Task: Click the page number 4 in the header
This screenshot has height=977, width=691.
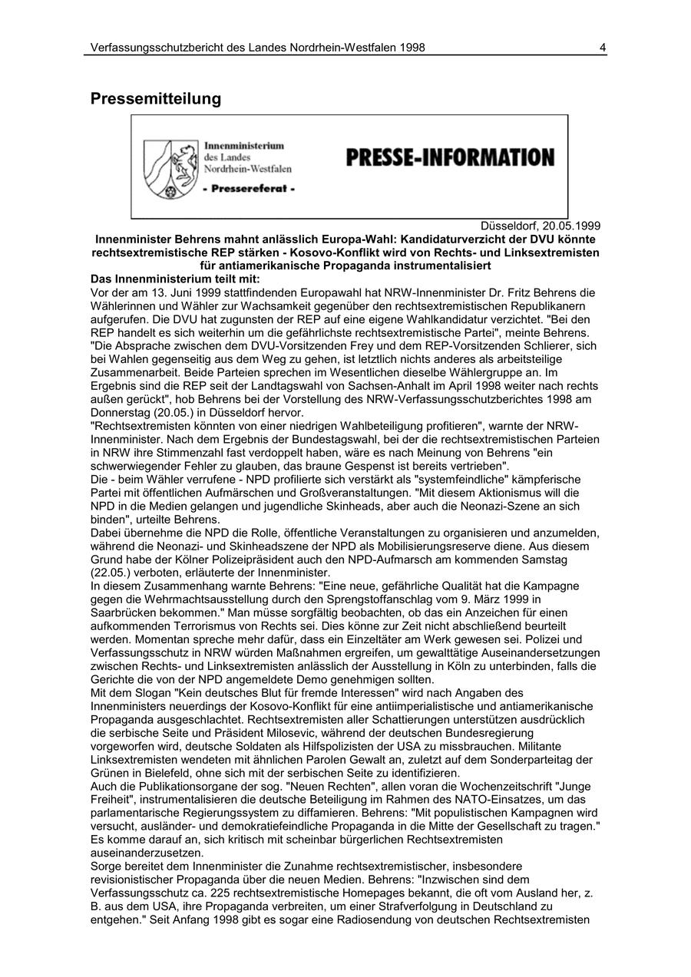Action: (603, 48)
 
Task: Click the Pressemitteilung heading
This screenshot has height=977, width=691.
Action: (156, 99)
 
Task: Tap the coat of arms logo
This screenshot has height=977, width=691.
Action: (169, 168)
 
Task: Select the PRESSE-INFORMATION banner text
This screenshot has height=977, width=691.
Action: (450, 158)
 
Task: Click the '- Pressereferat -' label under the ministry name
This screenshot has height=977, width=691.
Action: (248, 188)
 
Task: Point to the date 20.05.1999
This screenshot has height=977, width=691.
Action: (571, 226)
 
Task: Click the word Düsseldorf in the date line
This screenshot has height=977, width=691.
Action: (509, 226)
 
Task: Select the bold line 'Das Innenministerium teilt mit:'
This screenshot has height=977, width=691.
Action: (175, 279)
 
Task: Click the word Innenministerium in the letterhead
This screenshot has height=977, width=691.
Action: (244, 145)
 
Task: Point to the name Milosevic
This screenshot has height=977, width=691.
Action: (263, 732)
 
